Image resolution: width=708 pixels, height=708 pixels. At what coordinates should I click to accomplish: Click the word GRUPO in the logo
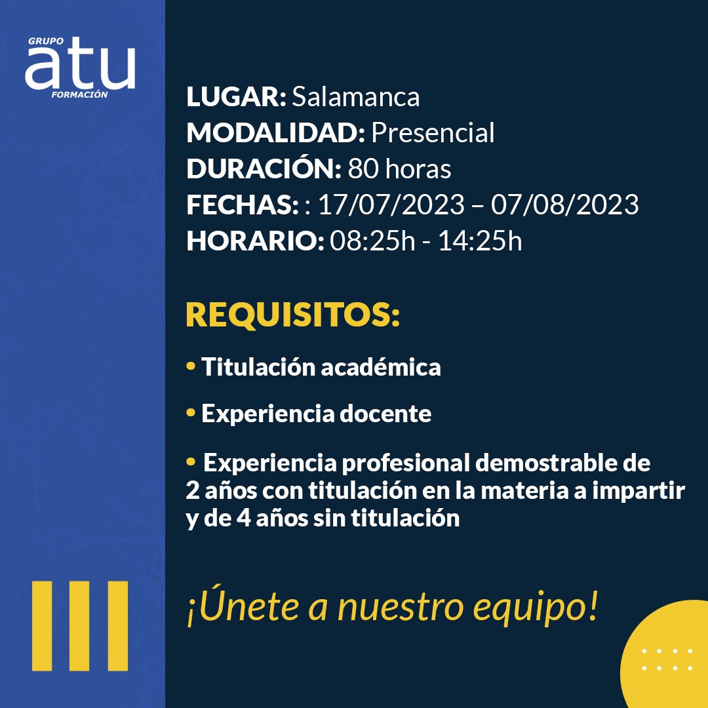[46, 41]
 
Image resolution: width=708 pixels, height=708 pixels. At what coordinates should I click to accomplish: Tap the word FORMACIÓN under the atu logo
[79, 95]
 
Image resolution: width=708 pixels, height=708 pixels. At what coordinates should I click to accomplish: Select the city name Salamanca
[356, 96]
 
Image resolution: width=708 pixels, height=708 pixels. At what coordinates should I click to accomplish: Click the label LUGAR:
[236, 96]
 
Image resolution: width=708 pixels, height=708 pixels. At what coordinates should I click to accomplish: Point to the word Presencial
[433, 132]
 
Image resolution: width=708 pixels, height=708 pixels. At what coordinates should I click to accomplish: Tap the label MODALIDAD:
[275, 132]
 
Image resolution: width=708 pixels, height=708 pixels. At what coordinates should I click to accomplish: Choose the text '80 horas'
[399, 169]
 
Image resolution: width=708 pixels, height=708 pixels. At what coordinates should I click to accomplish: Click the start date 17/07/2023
[391, 205]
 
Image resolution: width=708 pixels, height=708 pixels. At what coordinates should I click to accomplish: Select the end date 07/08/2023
[564, 205]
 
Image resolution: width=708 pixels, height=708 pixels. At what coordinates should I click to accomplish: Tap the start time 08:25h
[372, 241]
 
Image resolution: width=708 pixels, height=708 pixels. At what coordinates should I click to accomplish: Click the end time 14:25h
[480, 241]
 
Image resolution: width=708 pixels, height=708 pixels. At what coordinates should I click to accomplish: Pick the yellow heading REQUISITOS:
[292, 315]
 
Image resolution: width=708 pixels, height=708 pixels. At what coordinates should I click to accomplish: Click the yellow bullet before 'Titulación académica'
[191, 365]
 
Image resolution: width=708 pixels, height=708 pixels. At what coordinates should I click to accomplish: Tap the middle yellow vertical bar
[79, 626]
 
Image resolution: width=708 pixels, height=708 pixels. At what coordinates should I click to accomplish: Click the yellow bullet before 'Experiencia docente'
[191, 412]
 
